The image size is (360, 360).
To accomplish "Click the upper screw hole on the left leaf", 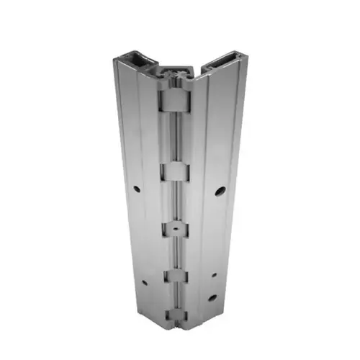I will tap(137, 189).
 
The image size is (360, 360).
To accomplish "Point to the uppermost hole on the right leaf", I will tap(220, 192).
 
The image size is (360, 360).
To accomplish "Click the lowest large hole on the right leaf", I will tap(212, 297).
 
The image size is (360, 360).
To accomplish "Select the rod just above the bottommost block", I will tap(176, 298).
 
